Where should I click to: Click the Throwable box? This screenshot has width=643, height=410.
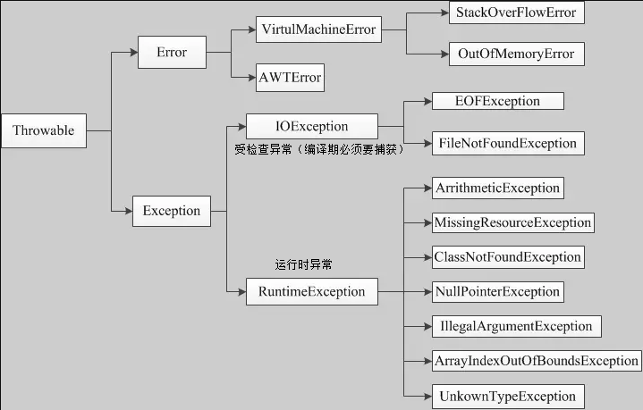[44, 130]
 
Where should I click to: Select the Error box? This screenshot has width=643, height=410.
[172, 53]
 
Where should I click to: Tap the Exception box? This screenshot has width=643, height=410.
[172, 211]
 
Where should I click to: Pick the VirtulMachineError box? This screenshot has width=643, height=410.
[318, 29]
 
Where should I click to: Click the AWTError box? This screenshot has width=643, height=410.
[289, 77]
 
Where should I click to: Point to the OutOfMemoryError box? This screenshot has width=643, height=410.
[516, 54]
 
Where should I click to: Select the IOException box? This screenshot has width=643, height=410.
[311, 126]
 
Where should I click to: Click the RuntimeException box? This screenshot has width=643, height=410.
[311, 291]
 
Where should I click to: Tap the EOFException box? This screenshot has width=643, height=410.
[497, 101]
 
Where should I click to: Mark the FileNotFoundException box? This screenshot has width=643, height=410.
[507, 143]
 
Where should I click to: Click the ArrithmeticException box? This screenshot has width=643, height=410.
[497, 188]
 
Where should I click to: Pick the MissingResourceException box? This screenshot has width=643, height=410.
[512, 222]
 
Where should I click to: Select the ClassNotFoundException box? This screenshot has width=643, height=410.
[508, 257]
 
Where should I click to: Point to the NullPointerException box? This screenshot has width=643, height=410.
[497, 291]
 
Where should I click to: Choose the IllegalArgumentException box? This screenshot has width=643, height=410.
[515, 326]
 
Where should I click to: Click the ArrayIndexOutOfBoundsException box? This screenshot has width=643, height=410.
[536, 361]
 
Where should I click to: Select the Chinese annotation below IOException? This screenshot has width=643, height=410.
[320, 149]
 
